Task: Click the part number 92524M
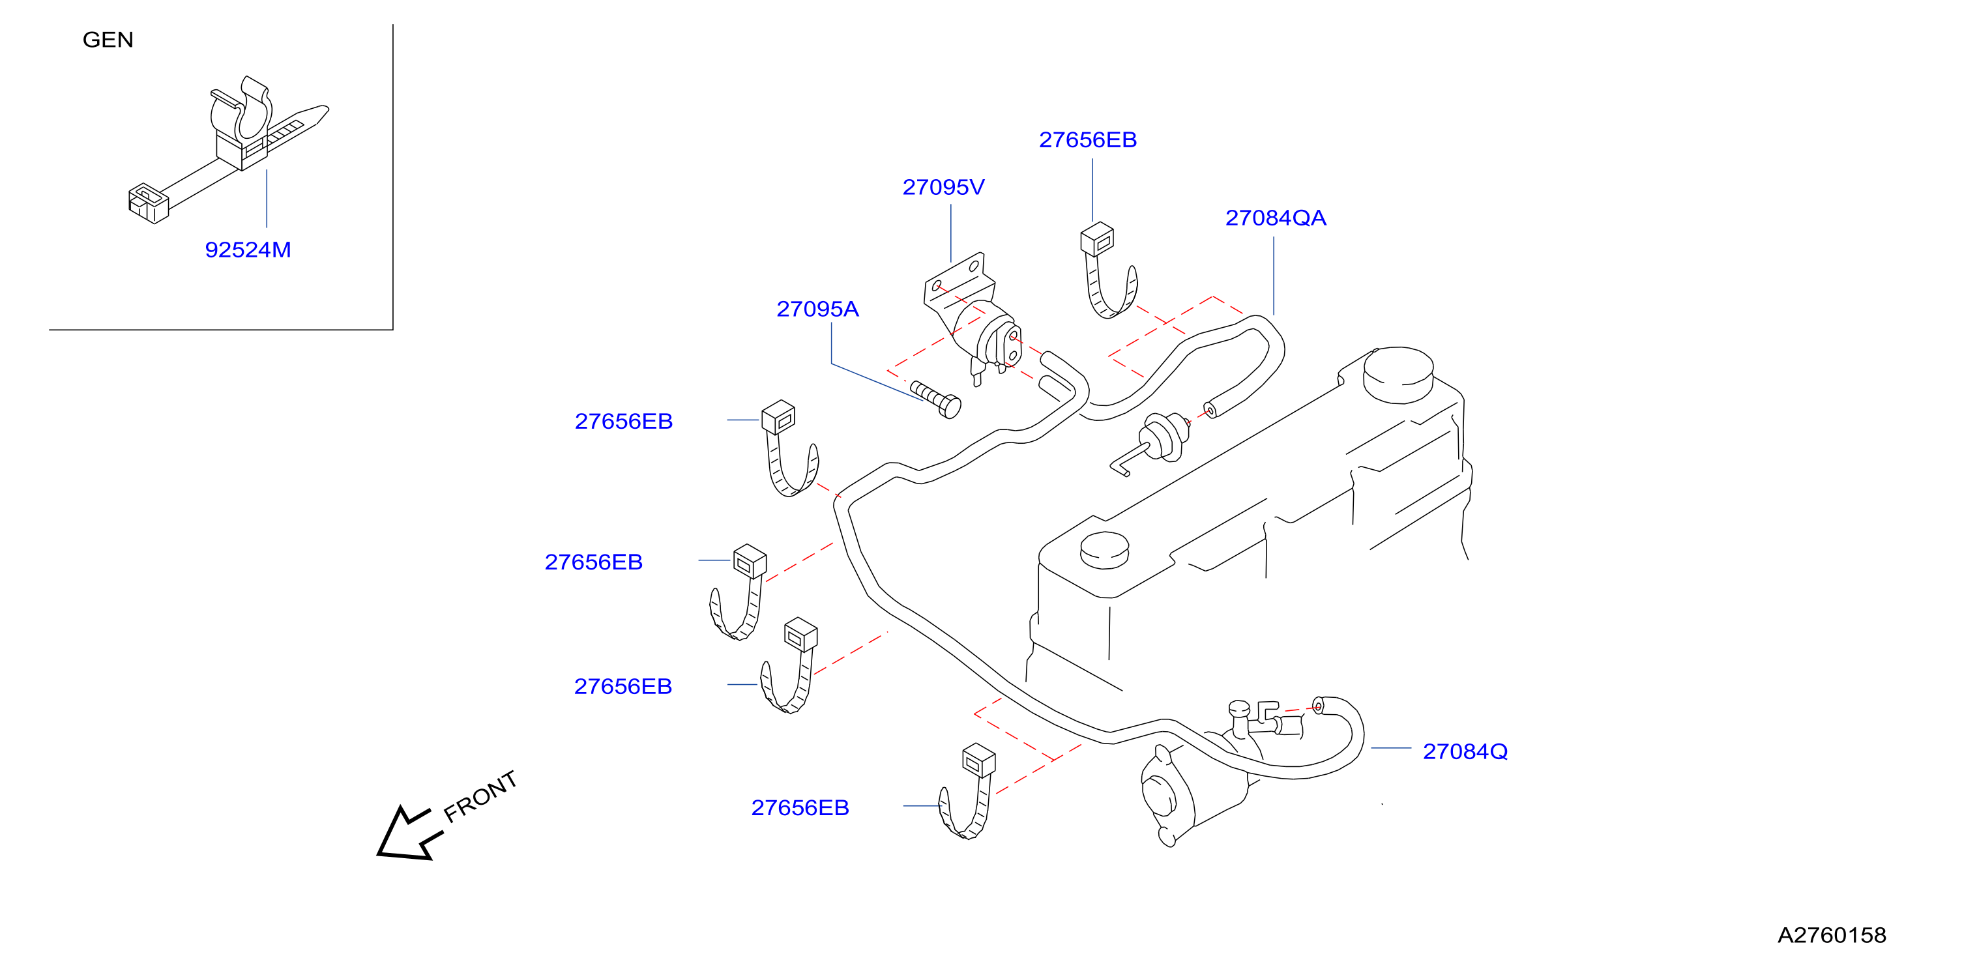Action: pyautogui.click(x=248, y=250)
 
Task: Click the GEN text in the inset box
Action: pyautogui.click(x=108, y=40)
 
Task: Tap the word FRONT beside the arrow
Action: pyautogui.click(x=480, y=796)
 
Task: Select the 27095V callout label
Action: pyautogui.click(x=943, y=187)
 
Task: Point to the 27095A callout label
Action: pyautogui.click(x=817, y=309)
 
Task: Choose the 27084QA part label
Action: pyautogui.click(x=1276, y=218)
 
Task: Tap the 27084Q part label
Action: pyautogui.click(x=1465, y=752)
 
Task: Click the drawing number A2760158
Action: pyautogui.click(x=1832, y=936)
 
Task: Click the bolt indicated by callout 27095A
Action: pyautogui.click(x=936, y=399)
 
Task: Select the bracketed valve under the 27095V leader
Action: pyautogui.click(x=973, y=320)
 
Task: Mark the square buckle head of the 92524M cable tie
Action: pyautogui.click(x=148, y=203)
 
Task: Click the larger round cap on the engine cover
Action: pyautogui.click(x=1398, y=375)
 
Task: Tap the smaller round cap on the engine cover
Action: pyautogui.click(x=1104, y=551)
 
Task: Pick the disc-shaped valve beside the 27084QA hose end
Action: pyautogui.click(x=1163, y=437)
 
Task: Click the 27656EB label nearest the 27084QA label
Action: pyautogui.click(x=1088, y=140)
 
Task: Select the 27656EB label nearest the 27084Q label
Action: pyautogui.click(x=800, y=808)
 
